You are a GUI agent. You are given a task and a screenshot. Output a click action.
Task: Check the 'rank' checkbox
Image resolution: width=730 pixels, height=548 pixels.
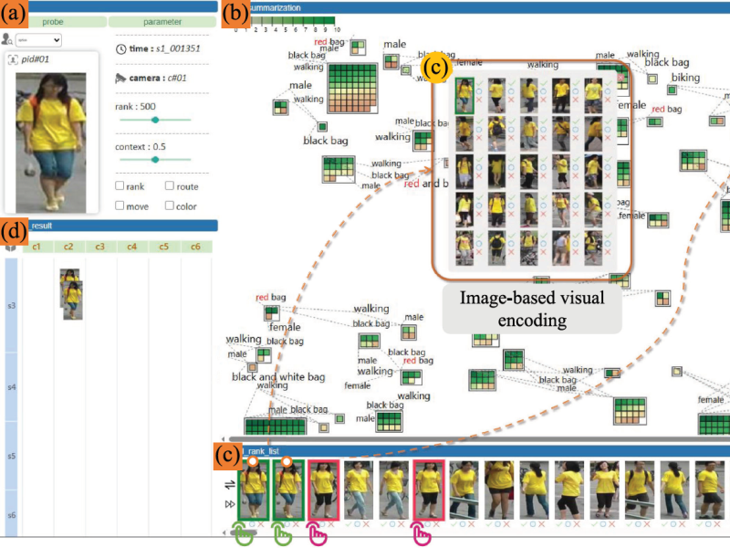coord(120,186)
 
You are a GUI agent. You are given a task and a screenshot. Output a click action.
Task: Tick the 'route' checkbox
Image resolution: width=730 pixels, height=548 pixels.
coord(170,186)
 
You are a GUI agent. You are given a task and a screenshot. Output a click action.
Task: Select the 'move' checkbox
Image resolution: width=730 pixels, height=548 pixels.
coord(120,205)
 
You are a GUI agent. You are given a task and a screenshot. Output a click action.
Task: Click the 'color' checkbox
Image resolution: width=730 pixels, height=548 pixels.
coord(170,205)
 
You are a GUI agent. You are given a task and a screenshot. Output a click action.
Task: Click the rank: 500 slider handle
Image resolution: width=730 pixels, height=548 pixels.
coord(155,120)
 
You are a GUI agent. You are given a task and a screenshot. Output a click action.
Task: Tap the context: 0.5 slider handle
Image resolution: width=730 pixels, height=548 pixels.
coord(155,159)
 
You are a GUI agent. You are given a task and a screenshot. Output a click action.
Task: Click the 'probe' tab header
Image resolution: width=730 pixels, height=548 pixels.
coord(52,21)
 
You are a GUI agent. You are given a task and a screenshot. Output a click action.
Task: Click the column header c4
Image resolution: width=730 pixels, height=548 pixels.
coord(132,247)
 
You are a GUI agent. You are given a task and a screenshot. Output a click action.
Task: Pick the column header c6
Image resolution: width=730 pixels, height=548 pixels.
coord(195,247)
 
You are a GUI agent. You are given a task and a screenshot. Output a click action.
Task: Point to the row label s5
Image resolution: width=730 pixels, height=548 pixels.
coord(11,456)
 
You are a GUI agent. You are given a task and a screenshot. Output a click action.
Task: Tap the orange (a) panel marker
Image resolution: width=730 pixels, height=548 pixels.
coord(16,14)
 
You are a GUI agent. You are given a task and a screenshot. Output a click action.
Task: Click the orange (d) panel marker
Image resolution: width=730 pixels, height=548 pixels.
coord(16,227)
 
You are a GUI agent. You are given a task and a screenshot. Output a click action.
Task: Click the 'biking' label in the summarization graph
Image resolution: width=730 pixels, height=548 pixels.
coord(686,78)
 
